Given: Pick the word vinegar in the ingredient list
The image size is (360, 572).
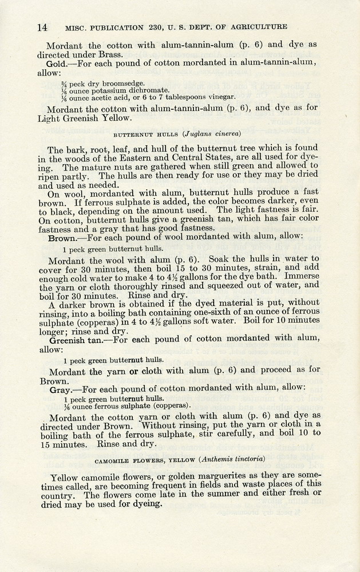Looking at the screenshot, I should tap(222, 97).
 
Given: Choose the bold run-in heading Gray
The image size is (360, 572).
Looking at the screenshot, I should tap(60, 388).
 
